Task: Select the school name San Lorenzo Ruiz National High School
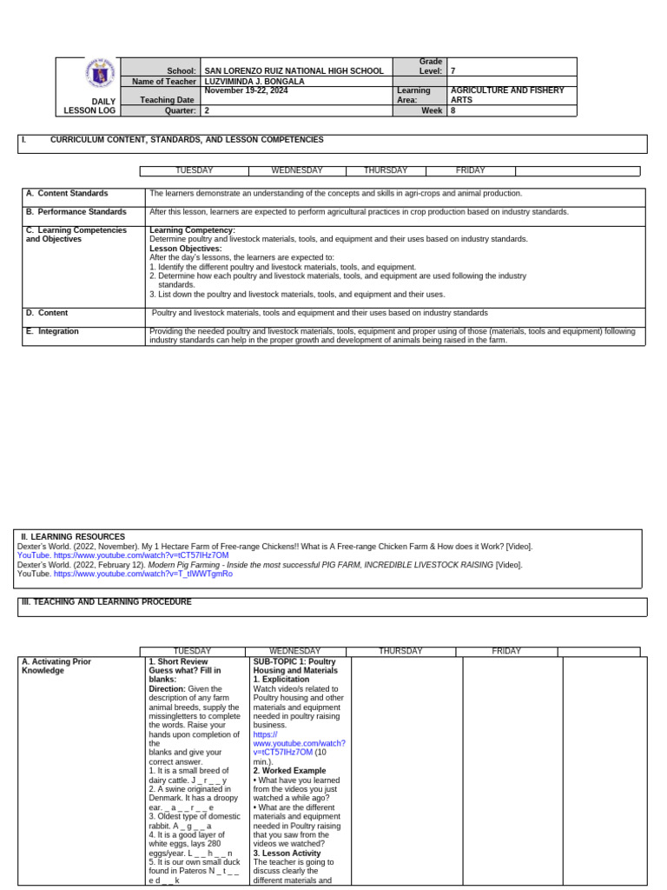click(294, 71)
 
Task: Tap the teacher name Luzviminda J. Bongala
click(254, 82)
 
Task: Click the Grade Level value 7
click(453, 71)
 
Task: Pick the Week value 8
click(453, 111)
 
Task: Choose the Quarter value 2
click(207, 111)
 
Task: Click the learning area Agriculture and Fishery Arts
click(506, 95)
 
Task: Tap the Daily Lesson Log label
click(89, 106)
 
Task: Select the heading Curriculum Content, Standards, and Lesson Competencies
click(187, 140)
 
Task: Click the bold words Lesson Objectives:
click(185, 249)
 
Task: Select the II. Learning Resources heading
click(73, 537)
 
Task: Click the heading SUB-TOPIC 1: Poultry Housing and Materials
click(295, 667)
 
